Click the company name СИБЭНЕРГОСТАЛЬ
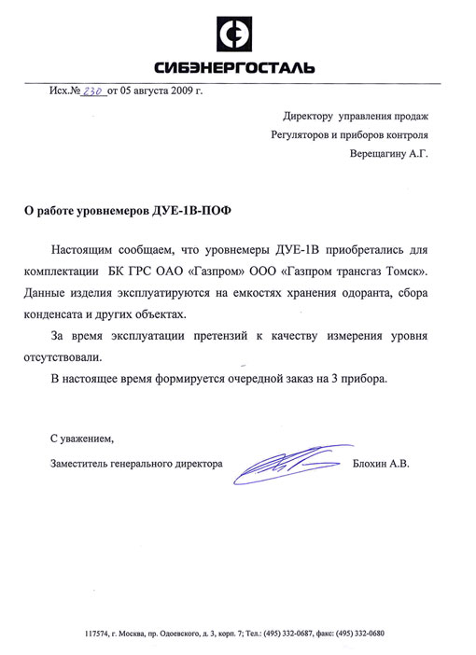[235, 67]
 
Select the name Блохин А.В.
[382, 462]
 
